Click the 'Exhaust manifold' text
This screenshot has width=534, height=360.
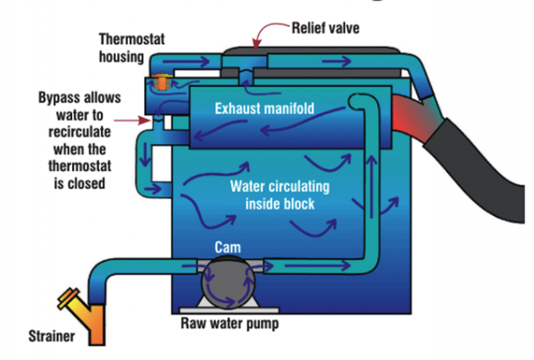[267, 109]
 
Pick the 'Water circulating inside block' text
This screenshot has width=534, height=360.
[281, 195]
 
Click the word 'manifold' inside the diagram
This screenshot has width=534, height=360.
[296, 109]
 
